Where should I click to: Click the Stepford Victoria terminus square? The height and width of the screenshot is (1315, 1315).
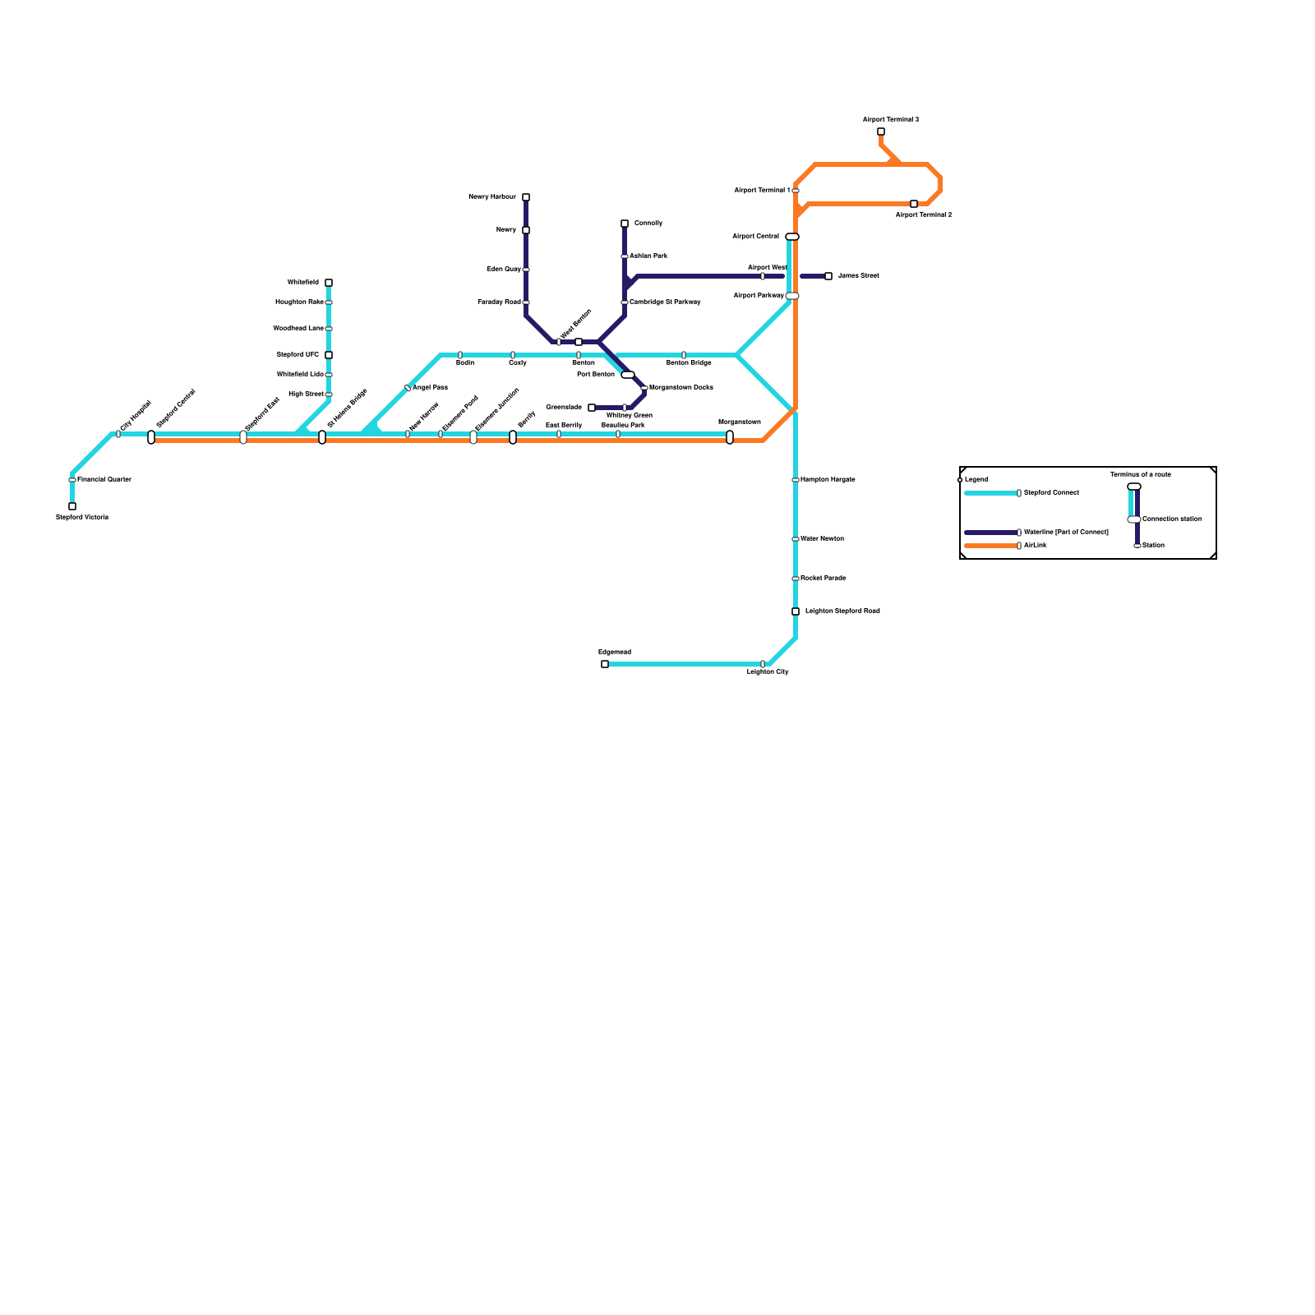click(72, 506)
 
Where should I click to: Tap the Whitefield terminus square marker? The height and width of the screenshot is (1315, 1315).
click(329, 283)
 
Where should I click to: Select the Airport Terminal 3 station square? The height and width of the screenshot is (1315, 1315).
click(881, 131)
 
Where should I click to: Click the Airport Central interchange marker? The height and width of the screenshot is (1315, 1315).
click(792, 237)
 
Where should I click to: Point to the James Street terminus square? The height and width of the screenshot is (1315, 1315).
click(828, 276)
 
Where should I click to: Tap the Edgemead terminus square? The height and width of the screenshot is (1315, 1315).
click(605, 664)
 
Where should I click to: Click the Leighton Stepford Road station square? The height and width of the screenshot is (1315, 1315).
click(796, 611)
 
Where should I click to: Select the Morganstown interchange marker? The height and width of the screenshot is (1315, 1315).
click(730, 437)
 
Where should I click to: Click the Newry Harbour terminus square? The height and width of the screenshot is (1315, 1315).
click(526, 197)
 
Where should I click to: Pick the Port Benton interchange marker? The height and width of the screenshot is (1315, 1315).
click(628, 375)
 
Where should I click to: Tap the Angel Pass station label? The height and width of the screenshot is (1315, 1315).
click(430, 387)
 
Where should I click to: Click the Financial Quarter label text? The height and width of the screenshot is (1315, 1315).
click(104, 479)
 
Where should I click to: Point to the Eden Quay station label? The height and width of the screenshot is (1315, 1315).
click(504, 269)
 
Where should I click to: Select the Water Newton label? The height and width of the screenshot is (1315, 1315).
click(822, 538)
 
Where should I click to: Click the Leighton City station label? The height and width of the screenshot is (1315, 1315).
click(768, 672)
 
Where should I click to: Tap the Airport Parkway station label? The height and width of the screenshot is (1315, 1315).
click(759, 295)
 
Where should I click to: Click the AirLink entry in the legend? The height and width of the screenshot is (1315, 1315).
click(1036, 545)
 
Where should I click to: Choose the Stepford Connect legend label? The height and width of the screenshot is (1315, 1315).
click(1051, 492)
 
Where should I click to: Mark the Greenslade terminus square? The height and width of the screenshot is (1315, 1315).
click(592, 408)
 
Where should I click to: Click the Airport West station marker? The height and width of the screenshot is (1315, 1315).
click(763, 276)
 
